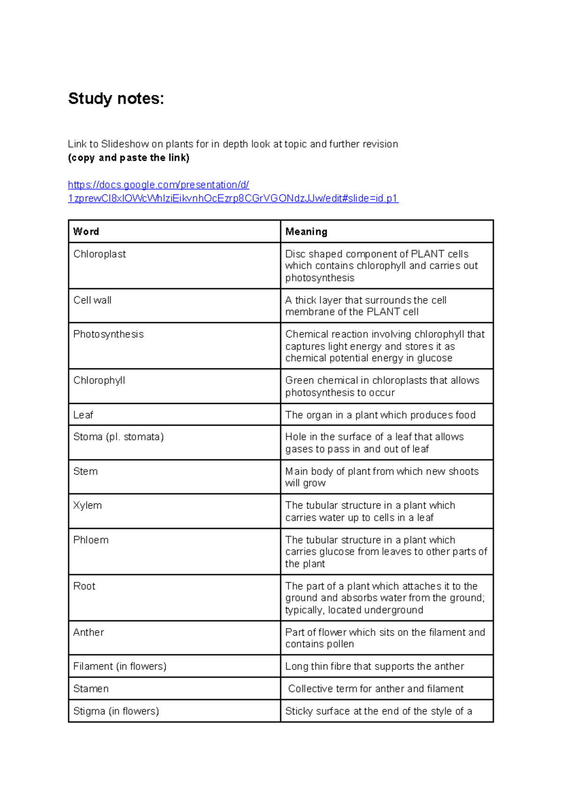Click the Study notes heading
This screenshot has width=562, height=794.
point(116,99)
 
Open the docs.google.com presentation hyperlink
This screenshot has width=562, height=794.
point(158,185)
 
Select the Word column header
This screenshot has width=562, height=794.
point(86,231)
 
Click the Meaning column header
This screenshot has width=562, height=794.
point(306,231)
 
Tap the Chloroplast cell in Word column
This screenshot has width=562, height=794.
point(100,254)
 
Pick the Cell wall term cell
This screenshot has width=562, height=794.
point(92,300)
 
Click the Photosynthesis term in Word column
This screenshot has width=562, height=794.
point(109,334)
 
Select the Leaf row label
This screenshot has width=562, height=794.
point(83,415)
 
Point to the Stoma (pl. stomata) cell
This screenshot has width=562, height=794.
point(118,437)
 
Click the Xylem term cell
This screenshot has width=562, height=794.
point(88,505)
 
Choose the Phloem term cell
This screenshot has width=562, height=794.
point(91,540)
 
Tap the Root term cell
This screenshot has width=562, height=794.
point(84,586)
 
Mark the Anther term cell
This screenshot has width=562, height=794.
point(89,632)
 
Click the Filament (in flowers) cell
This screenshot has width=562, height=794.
point(120,666)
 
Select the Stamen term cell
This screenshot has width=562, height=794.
point(91,689)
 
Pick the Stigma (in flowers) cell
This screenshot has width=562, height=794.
point(116,711)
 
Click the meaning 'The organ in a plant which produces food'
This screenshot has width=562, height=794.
point(380,415)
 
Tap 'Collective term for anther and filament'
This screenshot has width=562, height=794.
point(376,689)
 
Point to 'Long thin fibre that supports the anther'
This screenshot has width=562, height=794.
point(375,666)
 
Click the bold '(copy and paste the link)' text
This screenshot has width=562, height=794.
point(129,158)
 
